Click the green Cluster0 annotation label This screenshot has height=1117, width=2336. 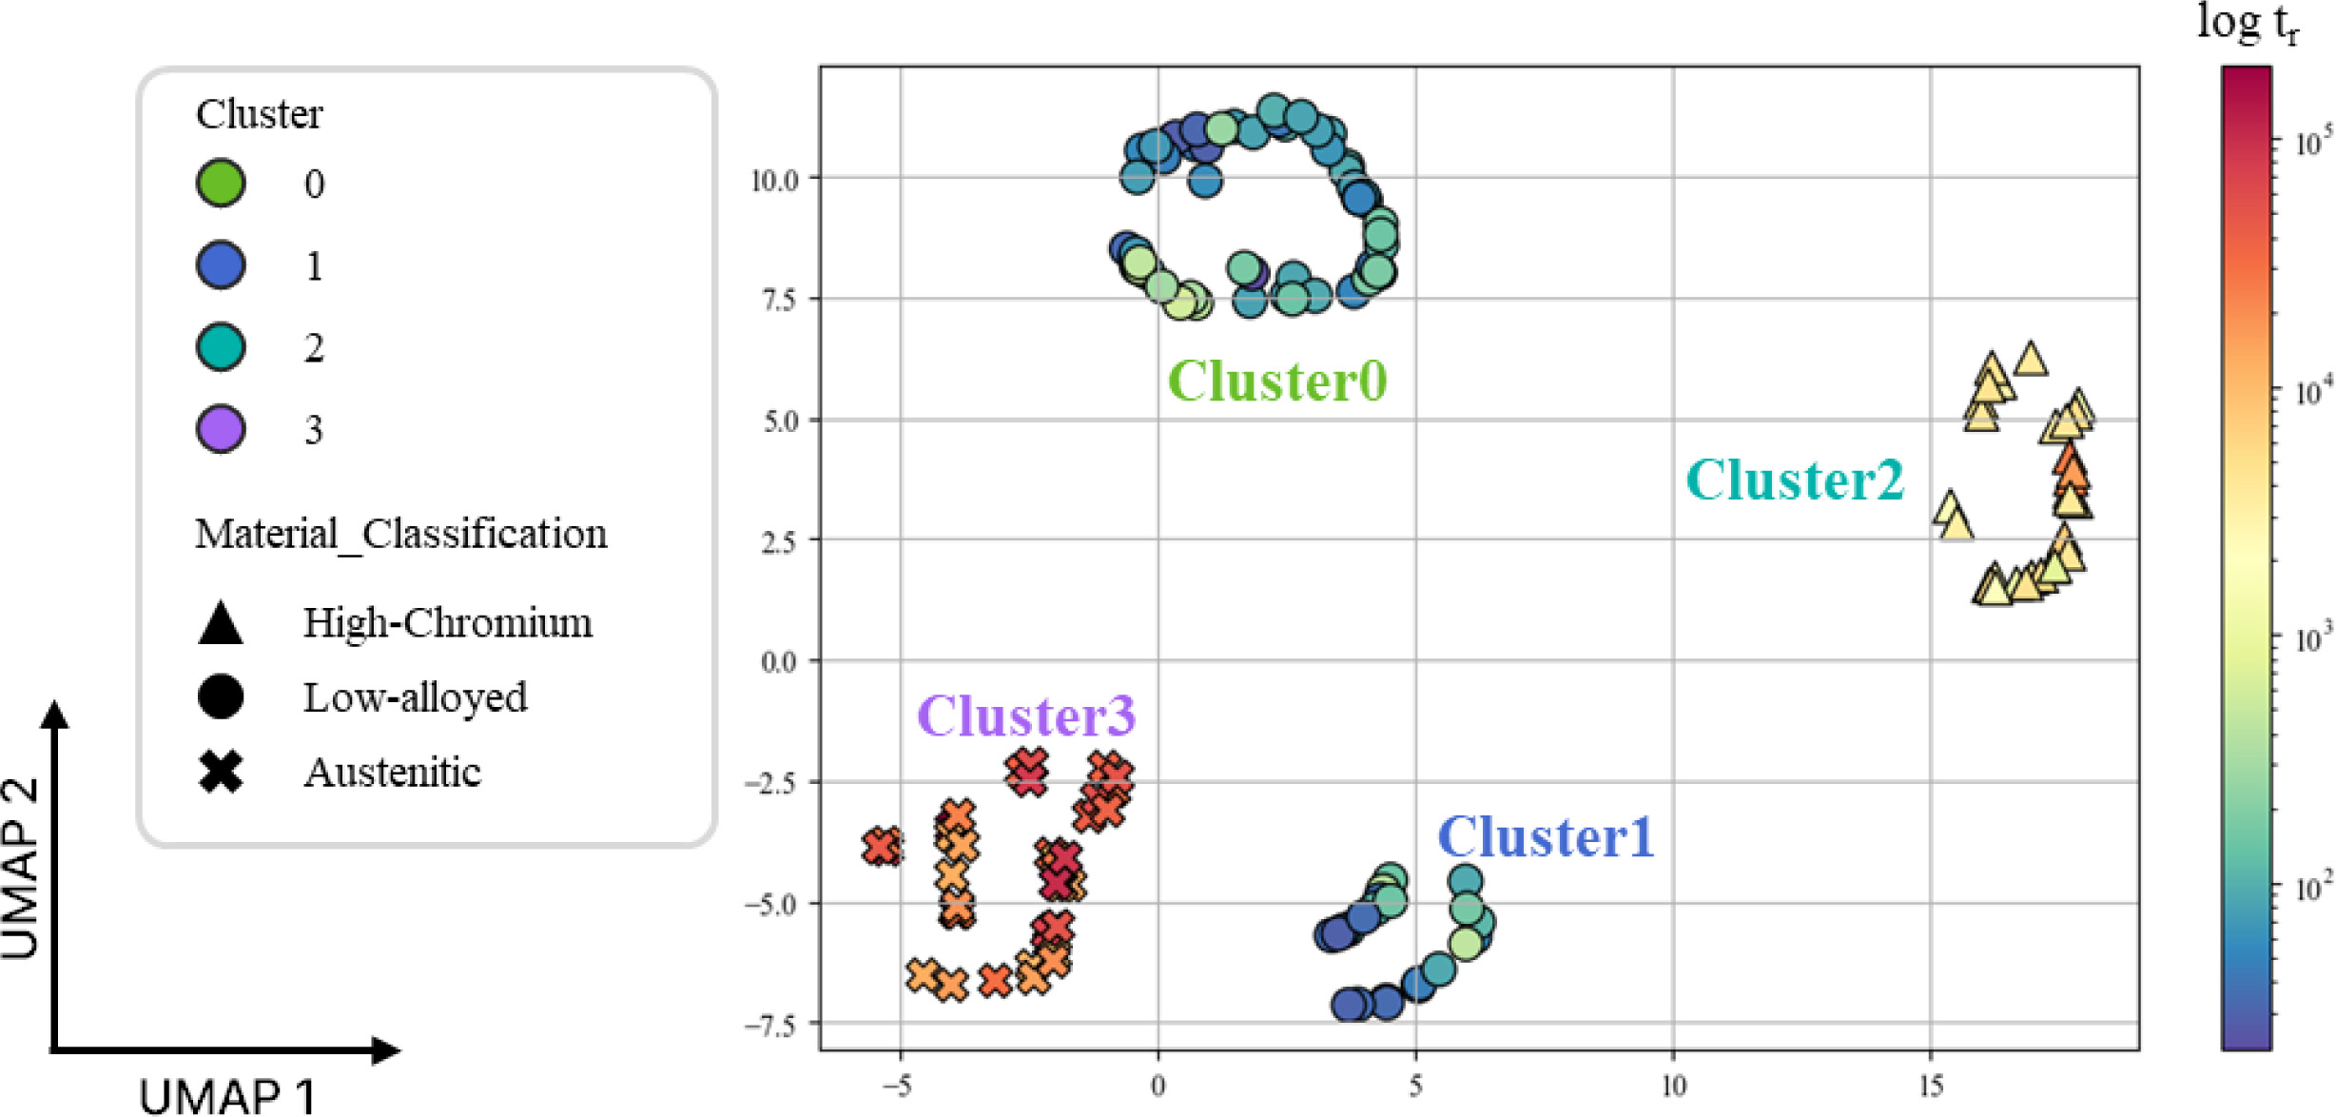[1276, 382]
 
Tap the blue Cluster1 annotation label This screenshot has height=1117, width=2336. [1546, 837]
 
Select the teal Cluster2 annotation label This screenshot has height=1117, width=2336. [1795, 480]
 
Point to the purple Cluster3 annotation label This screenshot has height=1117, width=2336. [1025, 715]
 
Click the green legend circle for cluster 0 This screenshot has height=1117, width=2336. [221, 183]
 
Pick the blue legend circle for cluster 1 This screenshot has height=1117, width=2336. [221, 265]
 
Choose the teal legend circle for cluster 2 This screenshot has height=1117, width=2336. [221, 346]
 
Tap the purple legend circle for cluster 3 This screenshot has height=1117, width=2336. [221, 428]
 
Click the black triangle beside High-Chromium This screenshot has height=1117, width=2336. [221, 623]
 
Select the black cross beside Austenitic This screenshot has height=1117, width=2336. [221, 772]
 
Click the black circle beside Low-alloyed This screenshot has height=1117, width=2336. [221, 696]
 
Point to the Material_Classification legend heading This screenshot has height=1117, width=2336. [400, 534]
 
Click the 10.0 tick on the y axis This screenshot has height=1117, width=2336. [774, 180]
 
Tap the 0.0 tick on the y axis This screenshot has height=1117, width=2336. [779, 661]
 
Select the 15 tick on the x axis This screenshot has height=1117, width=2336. [1930, 1086]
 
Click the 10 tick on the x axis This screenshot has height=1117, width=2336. [1673, 1086]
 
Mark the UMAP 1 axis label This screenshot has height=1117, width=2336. [226, 1096]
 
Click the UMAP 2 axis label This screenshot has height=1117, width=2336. [21, 868]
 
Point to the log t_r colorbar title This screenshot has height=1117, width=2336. [2247, 23]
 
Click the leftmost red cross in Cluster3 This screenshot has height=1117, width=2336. [883, 846]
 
